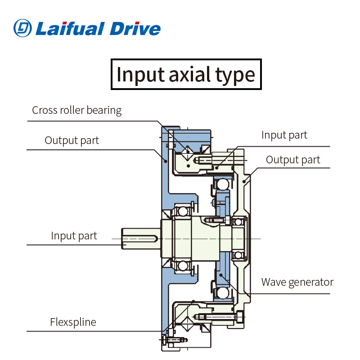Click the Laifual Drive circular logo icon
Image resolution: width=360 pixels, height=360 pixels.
(x=23, y=28)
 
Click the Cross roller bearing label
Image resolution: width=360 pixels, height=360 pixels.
(x=76, y=110)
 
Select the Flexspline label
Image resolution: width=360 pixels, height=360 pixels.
(x=73, y=322)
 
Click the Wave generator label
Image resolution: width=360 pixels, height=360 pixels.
(x=297, y=282)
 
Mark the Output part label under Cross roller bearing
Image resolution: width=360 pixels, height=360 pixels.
(x=72, y=140)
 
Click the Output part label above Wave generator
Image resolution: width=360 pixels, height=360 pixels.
(x=293, y=160)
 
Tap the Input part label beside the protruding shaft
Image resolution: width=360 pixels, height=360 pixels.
(x=74, y=236)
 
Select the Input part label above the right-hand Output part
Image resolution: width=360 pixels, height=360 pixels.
(x=284, y=135)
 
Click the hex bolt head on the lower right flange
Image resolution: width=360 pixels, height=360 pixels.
(x=238, y=318)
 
